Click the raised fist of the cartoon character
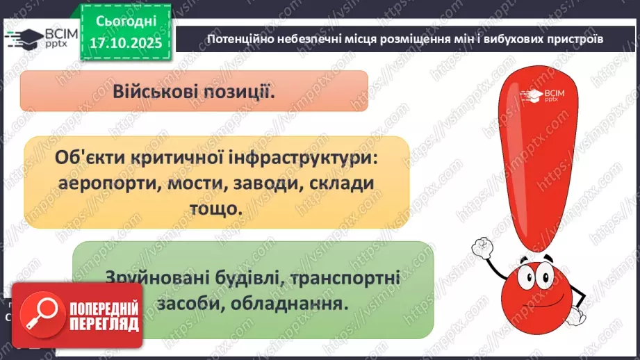(x=482, y=246)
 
